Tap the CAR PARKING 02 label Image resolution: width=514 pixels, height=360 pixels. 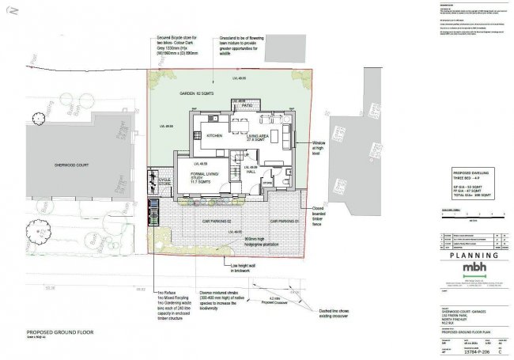214,220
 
